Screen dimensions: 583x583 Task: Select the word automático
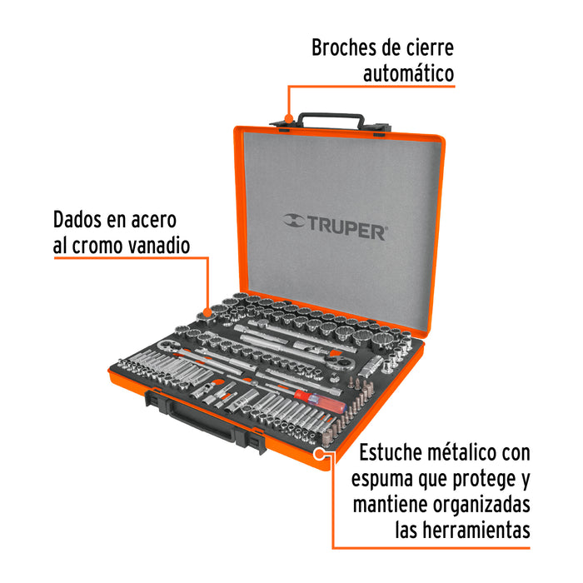[408, 73]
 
